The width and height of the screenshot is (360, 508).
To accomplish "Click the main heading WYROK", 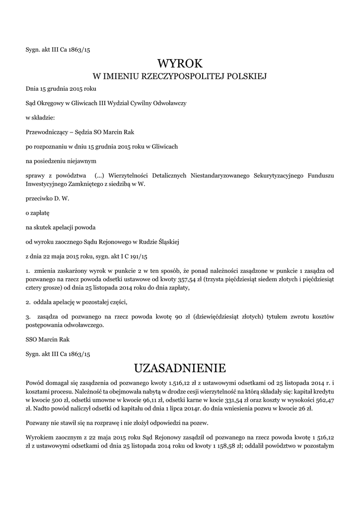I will pyautogui.click(x=180, y=63).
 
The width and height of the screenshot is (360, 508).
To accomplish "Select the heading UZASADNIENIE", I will pyautogui.click(x=180, y=368).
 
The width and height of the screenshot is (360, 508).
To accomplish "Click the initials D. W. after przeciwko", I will pyautogui.click(x=62, y=198).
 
